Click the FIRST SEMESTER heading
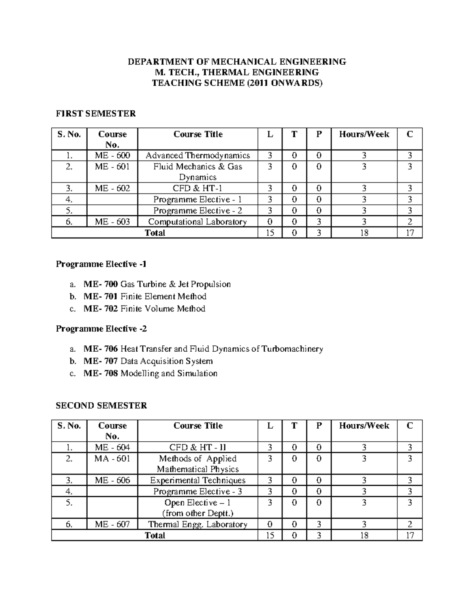(96, 114)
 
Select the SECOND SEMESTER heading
(101, 406)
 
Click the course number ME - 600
(112, 156)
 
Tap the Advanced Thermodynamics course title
(197, 156)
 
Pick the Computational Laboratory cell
(197, 222)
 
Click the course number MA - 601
(112, 459)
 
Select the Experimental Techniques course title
(197, 480)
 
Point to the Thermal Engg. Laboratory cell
(197, 525)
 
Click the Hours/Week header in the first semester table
(364, 134)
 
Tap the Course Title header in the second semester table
(198, 426)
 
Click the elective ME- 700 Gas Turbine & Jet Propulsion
(157, 284)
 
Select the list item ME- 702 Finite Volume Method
(144, 309)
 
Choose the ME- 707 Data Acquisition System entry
(148, 361)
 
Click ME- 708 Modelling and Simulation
(150, 373)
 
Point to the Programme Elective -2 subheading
(101, 329)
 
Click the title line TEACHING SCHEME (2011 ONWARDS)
(237, 83)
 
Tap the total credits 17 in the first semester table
(410, 233)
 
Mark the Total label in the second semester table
(155, 536)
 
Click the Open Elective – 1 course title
(197, 503)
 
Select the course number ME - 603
(112, 222)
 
